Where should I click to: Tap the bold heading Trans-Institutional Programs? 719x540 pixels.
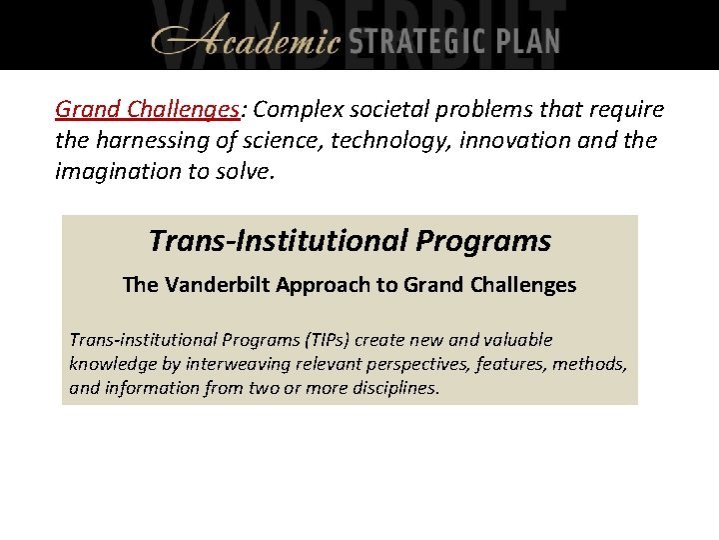tap(350, 241)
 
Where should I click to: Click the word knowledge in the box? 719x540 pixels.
tap(110, 364)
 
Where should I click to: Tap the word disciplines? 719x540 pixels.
tap(391, 388)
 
